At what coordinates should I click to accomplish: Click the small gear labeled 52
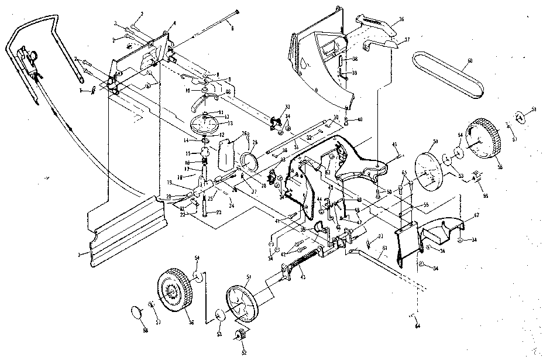(x=239, y=337)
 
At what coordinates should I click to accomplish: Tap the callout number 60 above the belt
(x=470, y=60)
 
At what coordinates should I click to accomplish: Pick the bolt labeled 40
(x=347, y=122)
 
